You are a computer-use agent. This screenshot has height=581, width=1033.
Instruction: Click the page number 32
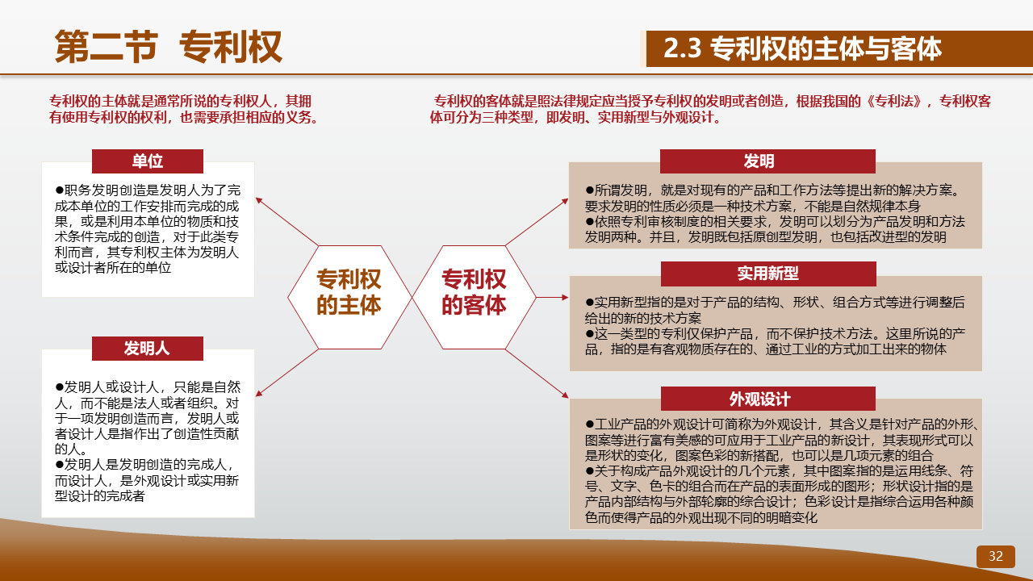point(996,556)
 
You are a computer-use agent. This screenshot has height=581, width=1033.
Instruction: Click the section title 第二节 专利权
point(169,47)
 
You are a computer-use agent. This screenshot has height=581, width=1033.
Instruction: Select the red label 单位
point(148,161)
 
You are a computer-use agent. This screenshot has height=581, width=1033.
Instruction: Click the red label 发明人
point(148,348)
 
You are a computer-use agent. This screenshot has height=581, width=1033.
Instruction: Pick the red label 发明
point(767,161)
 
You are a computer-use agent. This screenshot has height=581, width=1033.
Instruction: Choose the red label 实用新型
point(768,274)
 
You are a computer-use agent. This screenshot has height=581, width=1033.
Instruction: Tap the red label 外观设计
point(767,399)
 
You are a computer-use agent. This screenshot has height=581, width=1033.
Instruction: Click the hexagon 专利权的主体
point(349,297)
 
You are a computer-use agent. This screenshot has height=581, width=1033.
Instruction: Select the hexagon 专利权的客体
point(474,297)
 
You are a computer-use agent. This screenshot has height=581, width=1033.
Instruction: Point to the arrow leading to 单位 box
point(286,222)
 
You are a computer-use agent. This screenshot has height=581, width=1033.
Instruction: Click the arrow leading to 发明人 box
point(286,373)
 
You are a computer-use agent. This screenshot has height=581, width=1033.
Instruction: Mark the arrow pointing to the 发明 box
point(537,222)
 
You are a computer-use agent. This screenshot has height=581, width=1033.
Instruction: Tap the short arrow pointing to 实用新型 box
point(553,298)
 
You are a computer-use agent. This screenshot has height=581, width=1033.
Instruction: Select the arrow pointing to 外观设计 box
point(537,373)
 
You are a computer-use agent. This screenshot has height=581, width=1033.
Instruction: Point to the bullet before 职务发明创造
point(59,190)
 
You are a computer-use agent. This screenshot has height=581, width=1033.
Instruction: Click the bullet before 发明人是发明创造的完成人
point(59,464)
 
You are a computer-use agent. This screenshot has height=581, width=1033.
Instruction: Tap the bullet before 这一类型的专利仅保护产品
point(589,333)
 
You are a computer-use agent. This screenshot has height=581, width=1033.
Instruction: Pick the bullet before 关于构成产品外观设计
point(589,470)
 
